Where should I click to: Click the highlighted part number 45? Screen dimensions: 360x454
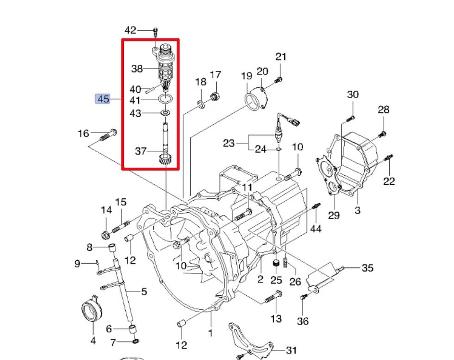pyautogui.click(x=103, y=99)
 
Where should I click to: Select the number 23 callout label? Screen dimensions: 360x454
pyautogui.click(x=229, y=142)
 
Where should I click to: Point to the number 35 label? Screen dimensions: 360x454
pyautogui.click(x=367, y=268)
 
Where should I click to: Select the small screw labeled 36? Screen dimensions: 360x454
pyautogui.click(x=304, y=297)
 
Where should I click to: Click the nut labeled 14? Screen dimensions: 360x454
pyautogui.click(x=106, y=233)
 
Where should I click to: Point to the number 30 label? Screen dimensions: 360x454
pyautogui.click(x=353, y=94)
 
